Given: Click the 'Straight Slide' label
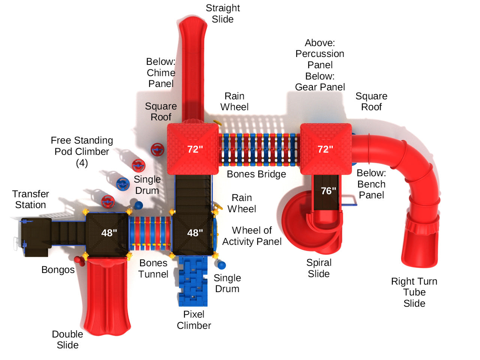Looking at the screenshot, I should tap(223, 13).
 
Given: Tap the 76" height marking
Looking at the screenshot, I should tap(328, 191).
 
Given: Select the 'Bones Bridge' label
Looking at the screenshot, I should tap(256, 174).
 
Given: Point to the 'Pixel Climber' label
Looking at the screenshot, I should tap(194, 320).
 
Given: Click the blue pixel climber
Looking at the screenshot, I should tap(193, 281).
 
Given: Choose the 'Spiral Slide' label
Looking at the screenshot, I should tap(319, 268).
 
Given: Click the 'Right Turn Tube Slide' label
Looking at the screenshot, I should tap(414, 292).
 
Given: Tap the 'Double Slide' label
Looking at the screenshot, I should tap(67, 339).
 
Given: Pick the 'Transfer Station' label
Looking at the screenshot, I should tap(30, 199).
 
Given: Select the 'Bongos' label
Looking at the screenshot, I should tap(58, 270).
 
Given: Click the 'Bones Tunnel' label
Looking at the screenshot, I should tap(153, 268).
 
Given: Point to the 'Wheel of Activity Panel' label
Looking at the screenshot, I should tap(252, 236).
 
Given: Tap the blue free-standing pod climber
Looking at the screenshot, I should tap(123, 184).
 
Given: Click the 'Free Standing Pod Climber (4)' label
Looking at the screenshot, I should tap(82, 151).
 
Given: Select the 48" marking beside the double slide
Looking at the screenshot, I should tap(109, 233).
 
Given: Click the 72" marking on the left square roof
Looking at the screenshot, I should tap(195, 149).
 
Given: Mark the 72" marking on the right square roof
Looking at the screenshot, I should tap(325, 149).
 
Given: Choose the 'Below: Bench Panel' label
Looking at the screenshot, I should tap(371, 184).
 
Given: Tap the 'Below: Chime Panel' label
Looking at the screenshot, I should tap(161, 72).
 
